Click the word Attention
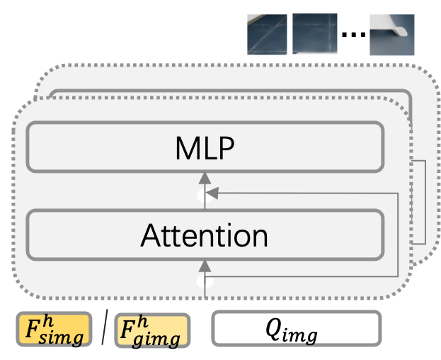coord(205,235)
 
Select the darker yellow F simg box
coord(54,330)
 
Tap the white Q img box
coord(296,330)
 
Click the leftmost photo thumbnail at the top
coord(267,34)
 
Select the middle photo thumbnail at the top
coord(314,34)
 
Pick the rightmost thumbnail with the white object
coord(391,35)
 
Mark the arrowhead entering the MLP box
coord(205,177)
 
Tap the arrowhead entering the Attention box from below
coord(205,266)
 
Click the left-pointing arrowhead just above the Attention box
coord(212,191)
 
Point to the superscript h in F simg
coord(45,321)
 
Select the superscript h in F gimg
coord(142,322)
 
